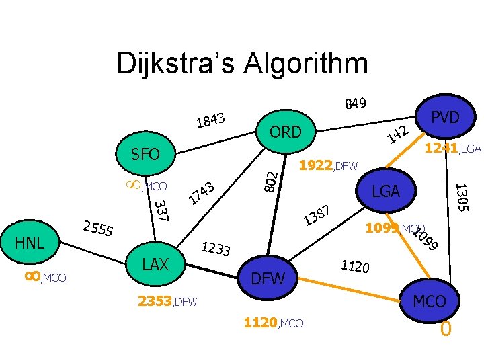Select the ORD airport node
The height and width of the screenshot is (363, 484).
point(286,132)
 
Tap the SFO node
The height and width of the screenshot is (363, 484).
point(145,155)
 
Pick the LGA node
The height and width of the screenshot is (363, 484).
point(386,192)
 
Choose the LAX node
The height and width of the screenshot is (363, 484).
point(156,264)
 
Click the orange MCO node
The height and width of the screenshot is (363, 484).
point(429,301)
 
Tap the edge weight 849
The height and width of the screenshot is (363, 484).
point(355,103)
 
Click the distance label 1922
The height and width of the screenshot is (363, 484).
point(315,165)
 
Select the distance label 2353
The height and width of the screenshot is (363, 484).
point(155,301)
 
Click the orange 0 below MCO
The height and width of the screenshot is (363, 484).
point(445,330)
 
